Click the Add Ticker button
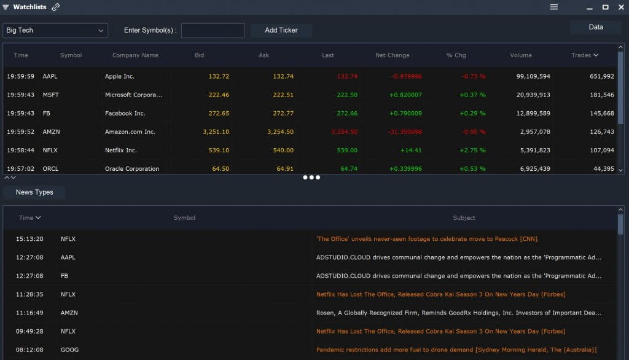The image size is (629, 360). point(281,30)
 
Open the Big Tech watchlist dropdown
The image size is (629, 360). point(55,30)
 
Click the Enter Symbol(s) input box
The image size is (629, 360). point(213,30)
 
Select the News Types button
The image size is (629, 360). point(34,192)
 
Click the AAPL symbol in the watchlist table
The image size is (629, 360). point(50,76)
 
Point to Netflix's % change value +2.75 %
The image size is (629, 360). point(472,150)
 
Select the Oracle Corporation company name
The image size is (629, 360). point(131,168)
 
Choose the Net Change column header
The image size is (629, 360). point(392,55)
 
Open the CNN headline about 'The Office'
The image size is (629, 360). point(426,239)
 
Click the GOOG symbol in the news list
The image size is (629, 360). point(68,350)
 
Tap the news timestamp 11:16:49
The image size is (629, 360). point(29,313)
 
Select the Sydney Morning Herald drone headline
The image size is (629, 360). point(456,350)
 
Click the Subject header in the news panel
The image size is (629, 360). point(464,217)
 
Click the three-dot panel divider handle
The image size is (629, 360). point(311,178)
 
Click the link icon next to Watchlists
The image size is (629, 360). point(56,7)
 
